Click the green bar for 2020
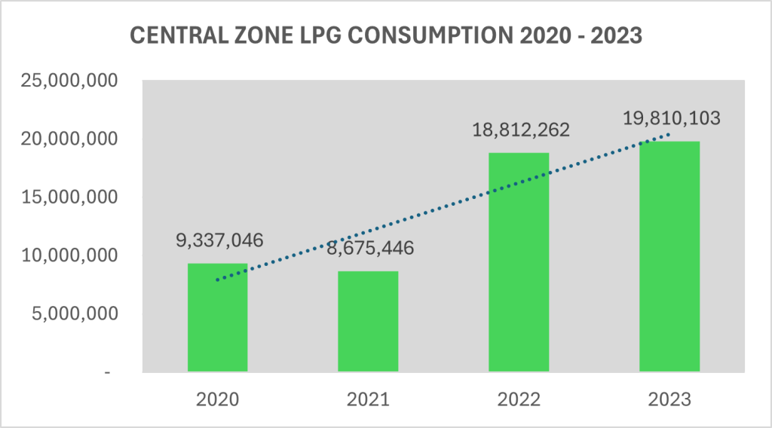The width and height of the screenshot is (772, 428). pos(217,317)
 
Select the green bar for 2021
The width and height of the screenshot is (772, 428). pos(368,321)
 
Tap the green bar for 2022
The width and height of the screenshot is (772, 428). pos(519,262)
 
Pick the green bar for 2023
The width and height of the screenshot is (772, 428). pos(669,256)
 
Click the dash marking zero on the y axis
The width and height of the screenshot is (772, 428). pos(108,372)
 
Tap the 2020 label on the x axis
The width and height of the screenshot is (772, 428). pos(217,399)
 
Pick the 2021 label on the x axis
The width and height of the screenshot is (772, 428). pos(368,399)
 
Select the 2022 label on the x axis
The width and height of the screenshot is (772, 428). pos(519,399)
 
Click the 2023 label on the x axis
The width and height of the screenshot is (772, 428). pos(669,399)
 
